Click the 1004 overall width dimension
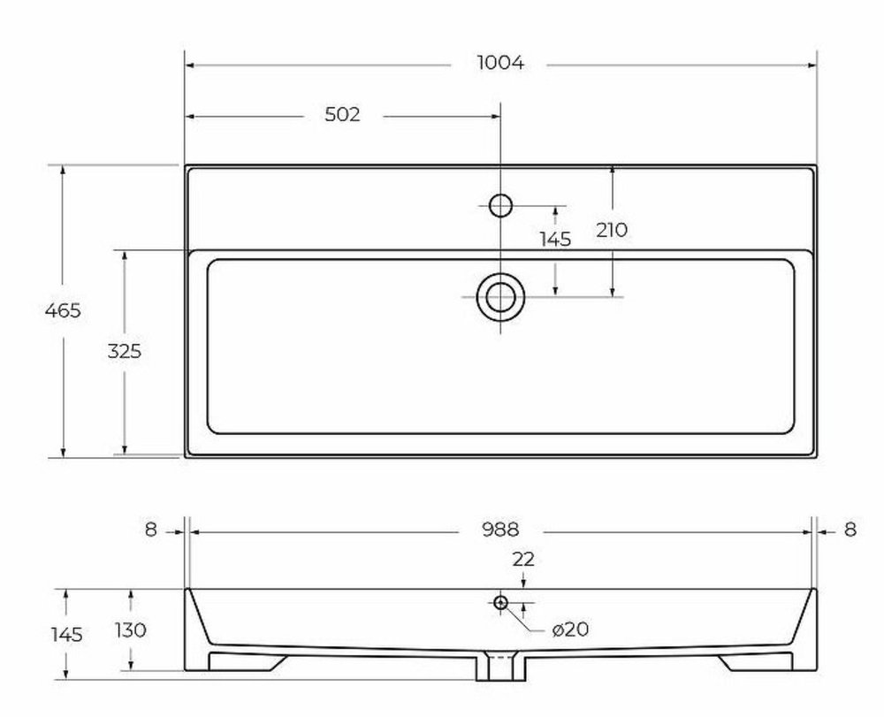(x=500, y=63)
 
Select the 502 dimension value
(x=342, y=115)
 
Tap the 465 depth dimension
(x=63, y=310)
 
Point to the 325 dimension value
(x=125, y=351)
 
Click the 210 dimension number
(x=612, y=230)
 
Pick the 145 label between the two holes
(x=555, y=240)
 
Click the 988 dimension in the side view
(x=500, y=530)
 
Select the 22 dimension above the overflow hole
(x=523, y=559)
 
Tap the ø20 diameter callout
(x=570, y=629)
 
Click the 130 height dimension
(x=130, y=629)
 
